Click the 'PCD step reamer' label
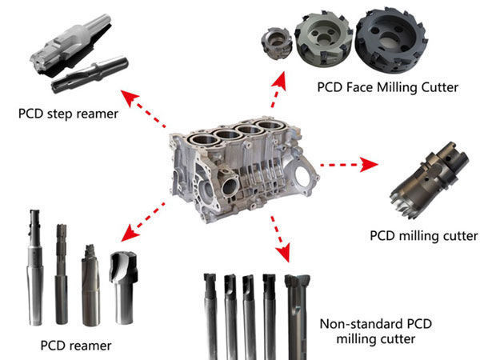(68, 114)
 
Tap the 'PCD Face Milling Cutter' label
(387, 87)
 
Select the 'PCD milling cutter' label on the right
(424, 236)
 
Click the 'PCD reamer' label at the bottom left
(76, 346)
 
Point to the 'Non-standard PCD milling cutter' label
(376, 331)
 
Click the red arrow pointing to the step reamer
(143, 108)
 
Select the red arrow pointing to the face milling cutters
(278, 89)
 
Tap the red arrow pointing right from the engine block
(349, 165)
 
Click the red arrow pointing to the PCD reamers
(143, 222)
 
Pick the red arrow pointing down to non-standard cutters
(280, 238)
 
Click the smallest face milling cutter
(276, 42)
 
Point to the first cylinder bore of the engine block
(203, 140)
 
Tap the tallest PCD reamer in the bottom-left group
(34, 267)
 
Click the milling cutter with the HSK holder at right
(429, 181)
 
